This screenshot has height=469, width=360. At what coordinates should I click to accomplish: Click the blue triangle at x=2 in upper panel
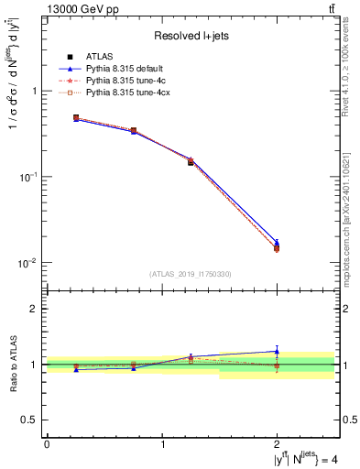click(x=277, y=243)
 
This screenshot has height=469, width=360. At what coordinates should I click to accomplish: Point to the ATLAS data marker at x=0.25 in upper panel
click(x=76, y=118)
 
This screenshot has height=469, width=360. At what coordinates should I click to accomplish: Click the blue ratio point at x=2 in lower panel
click(x=277, y=351)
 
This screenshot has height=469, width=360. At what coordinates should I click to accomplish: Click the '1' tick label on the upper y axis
click(x=35, y=91)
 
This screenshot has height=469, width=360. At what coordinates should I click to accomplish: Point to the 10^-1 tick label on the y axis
click(x=29, y=176)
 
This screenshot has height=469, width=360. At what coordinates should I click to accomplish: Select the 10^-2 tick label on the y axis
click(x=29, y=263)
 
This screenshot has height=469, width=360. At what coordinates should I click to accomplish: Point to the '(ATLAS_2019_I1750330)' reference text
click(x=190, y=274)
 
